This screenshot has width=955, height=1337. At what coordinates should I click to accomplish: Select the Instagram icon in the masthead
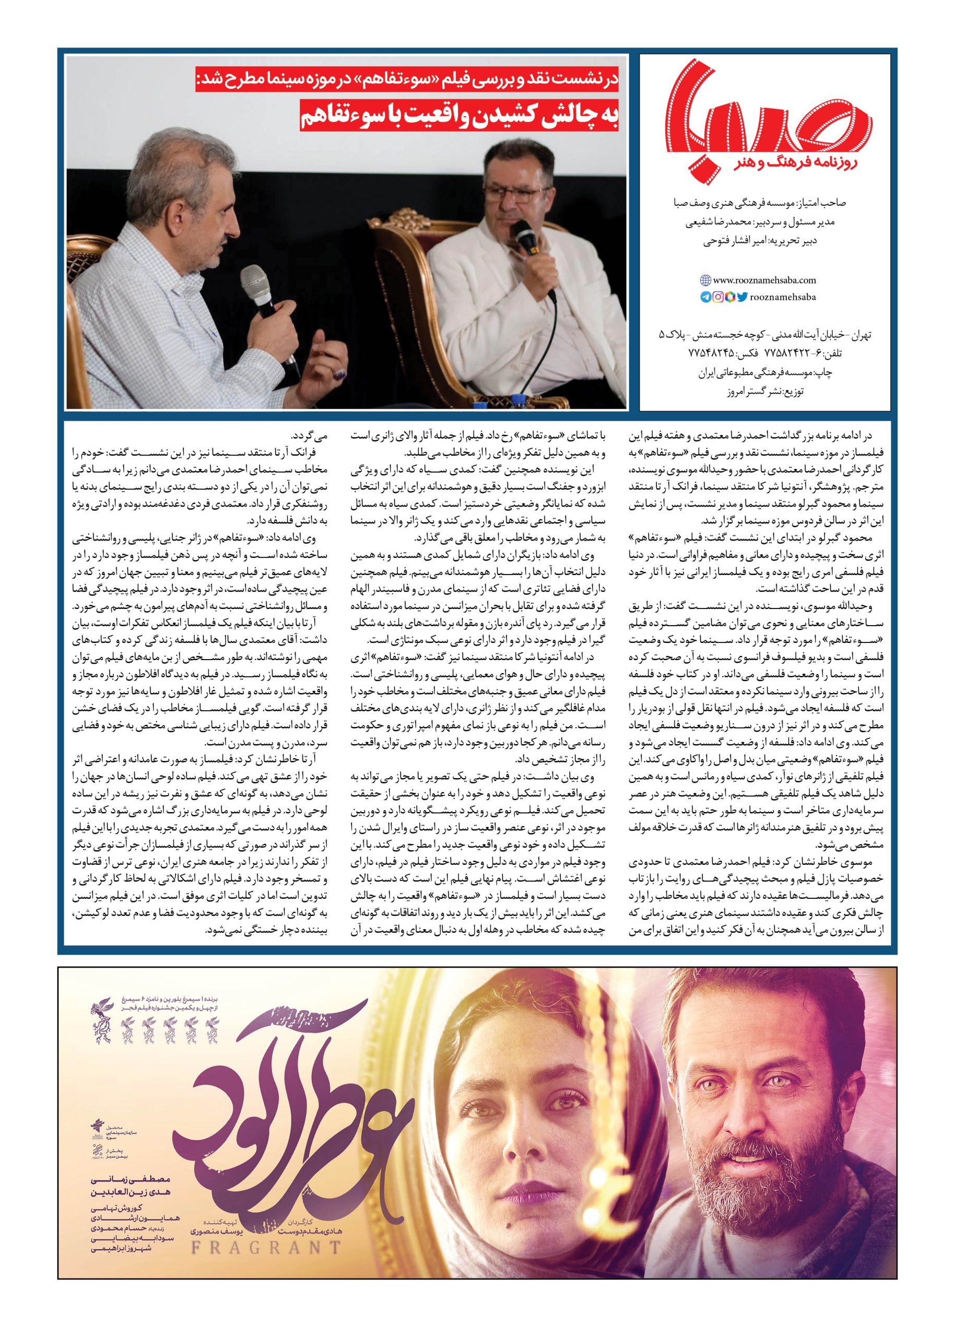coord(718,297)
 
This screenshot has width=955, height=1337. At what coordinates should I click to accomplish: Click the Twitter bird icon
coord(742,297)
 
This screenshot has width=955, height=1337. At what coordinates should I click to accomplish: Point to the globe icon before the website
coord(705,280)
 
